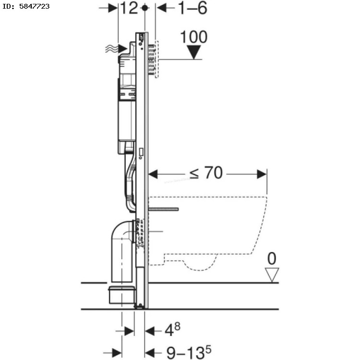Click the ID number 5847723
[x=35, y=6]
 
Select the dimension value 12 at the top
[x=129, y=8]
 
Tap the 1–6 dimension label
[x=192, y=8]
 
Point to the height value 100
[x=194, y=37]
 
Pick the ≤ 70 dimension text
[x=206, y=173]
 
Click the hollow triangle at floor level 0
[x=272, y=275]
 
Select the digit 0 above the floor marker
[x=272, y=258]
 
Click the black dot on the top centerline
[x=144, y=8]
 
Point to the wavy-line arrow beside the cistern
[x=116, y=48]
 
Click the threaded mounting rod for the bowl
[x=164, y=209]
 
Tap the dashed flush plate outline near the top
[x=157, y=59]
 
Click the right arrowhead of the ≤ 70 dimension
[x=262, y=174]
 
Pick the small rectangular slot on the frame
[x=141, y=152]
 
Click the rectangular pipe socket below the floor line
[x=121, y=295]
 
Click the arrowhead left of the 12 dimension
[x=113, y=8]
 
